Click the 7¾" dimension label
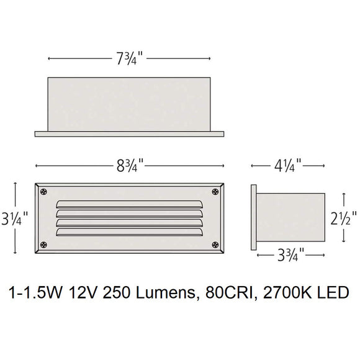pyautogui.click(x=129, y=59)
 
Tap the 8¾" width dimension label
pyautogui.click(x=129, y=166)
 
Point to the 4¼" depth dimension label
pyautogui.click(x=287, y=166)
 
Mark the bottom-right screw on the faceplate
pyautogui.click(x=217, y=245)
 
